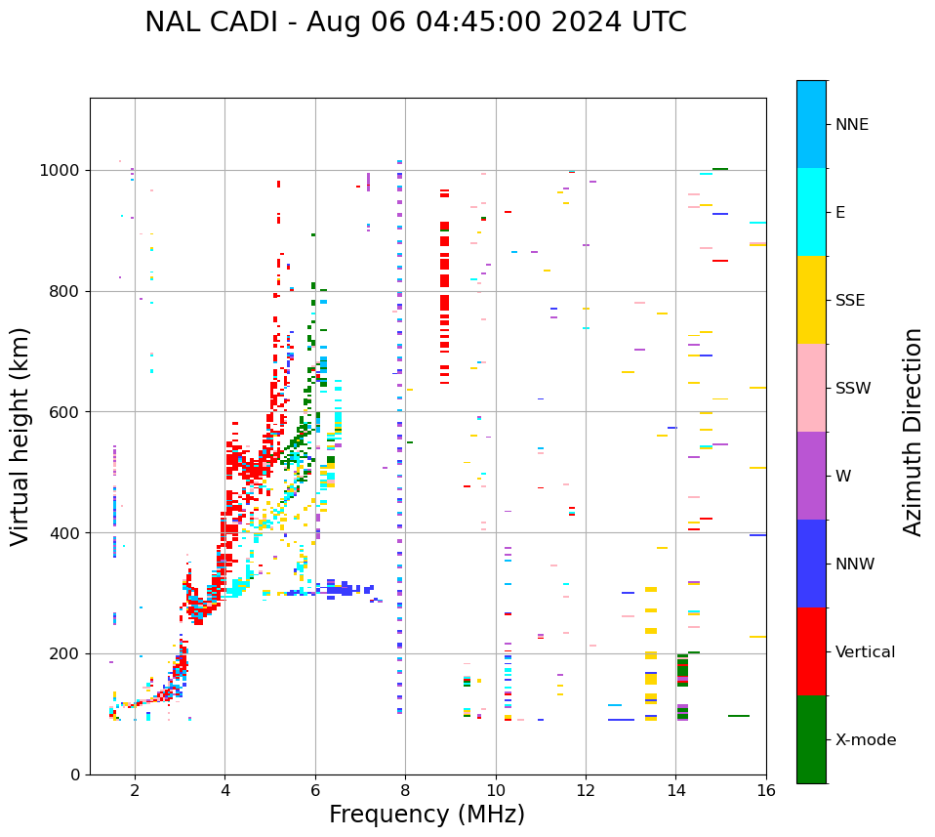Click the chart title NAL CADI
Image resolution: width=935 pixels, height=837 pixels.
(415, 22)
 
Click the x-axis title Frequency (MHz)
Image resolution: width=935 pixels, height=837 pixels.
(427, 815)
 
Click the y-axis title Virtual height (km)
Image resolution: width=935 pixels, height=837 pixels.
(20, 436)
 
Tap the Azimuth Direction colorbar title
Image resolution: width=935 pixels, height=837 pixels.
(913, 431)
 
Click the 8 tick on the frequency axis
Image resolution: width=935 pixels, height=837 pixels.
(405, 789)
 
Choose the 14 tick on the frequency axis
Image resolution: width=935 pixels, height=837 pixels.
(675, 789)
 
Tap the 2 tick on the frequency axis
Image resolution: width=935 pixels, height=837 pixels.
(135, 789)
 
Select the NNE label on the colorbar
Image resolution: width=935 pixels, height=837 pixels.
(851, 125)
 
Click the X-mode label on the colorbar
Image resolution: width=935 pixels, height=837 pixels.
(865, 740)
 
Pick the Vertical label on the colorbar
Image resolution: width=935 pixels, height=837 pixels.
(865, 652)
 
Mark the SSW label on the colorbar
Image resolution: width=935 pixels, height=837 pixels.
(853, 389)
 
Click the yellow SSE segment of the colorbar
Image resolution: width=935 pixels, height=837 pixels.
(811, 300)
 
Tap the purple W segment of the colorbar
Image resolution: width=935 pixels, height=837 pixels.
(811, 476)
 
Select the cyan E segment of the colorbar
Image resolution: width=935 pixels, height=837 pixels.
(811, 212)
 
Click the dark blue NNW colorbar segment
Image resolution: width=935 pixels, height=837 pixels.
(811, 564)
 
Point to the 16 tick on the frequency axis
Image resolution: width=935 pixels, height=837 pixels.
(766, 789)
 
